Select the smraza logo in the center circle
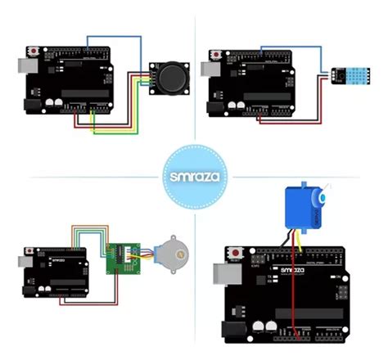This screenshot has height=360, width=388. pos(194,175)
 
